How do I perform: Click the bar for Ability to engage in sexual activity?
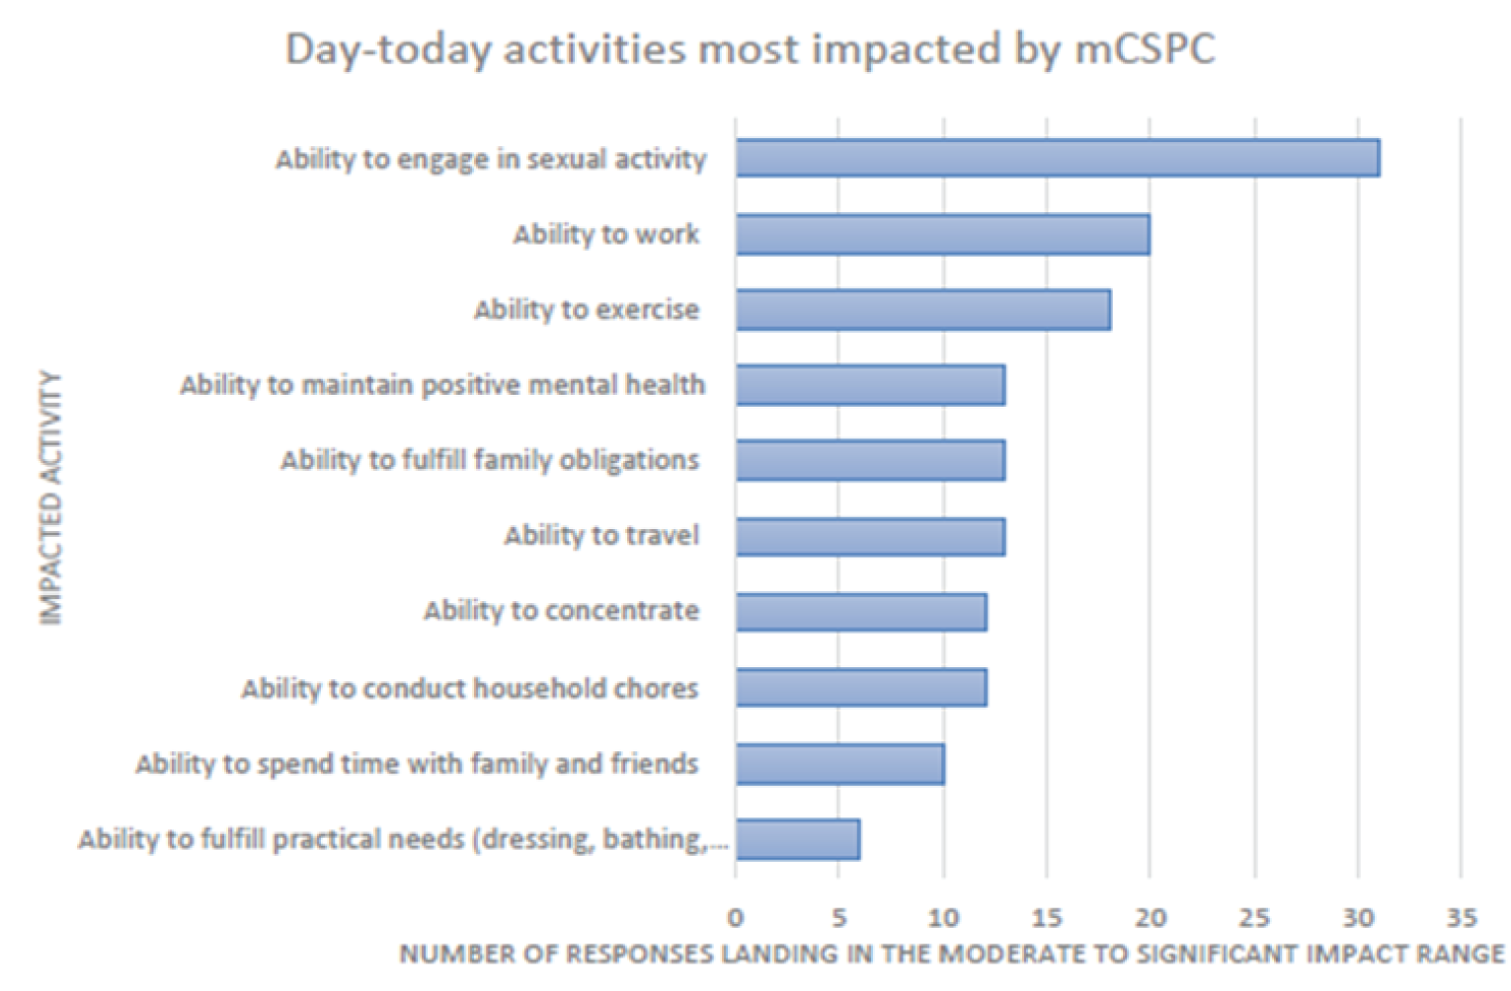pyautogui.click(x=1057, y=159)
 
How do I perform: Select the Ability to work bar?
pyautogui.click(x=942, y=235)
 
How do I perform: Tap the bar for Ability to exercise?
pyautogui.click(x=922, y=310)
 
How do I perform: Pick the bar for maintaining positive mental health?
pyautogui.click(x=870, y=385)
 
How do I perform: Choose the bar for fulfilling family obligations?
pyautogui.click(x=870, y=461)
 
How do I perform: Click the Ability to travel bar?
pyautogui.click(x=870, y=537)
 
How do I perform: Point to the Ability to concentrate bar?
pyautogui.click(x=860, y=612)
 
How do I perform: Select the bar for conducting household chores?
pyautogui.click(x=860, y=688)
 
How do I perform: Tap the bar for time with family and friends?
pyautogui.click(x=839, y=764)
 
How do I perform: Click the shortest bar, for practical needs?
pyautogui.click(x=797, y=840)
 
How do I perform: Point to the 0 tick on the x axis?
pyautogui.click(x=736, y=918)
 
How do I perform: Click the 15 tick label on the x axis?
pyautogui.click(x=1047, y=918)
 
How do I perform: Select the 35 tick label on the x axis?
pyautogui.click(x=1462, y=918)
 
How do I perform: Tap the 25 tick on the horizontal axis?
pyautogui.click(x=1254, y=918)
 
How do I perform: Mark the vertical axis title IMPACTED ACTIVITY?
pyautogui.click(x=50, y=498)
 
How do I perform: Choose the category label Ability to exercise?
pyautogui.click(x=587, y=310)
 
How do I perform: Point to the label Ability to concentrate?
pyautogui.click(x=561, y=611)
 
